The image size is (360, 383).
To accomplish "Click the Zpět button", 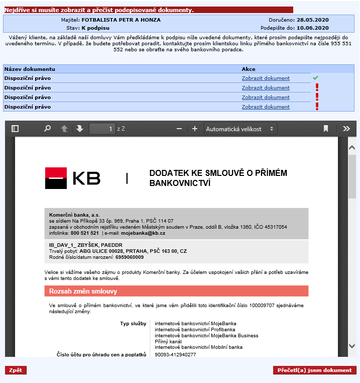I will point(16,370).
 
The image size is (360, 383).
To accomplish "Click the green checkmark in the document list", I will point(315,78).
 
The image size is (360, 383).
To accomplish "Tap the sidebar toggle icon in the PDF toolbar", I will point(15,129).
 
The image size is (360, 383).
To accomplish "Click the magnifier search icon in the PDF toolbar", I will point(47,129).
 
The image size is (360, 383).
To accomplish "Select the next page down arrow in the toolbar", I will point(79,129).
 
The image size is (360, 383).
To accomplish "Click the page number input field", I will point(102,129).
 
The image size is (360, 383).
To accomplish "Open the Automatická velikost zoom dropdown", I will point(241,129).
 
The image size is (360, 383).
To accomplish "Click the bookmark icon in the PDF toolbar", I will point(326,129).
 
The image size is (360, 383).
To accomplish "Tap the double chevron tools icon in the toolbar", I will point(346,129).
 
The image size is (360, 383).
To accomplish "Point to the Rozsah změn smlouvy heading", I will point(83,291).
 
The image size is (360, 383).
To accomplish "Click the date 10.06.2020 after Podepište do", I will point(312,28).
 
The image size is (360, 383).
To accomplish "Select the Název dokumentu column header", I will point(30,69).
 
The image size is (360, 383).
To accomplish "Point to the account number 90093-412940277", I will point(175,354).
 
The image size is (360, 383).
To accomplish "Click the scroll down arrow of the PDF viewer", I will point(351,346).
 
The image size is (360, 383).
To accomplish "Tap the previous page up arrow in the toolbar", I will point(64,129).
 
